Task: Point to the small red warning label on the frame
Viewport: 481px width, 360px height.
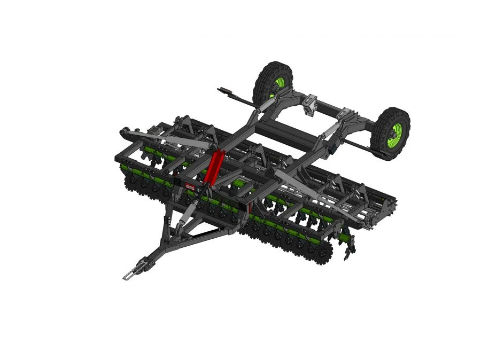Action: [190, 187]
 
